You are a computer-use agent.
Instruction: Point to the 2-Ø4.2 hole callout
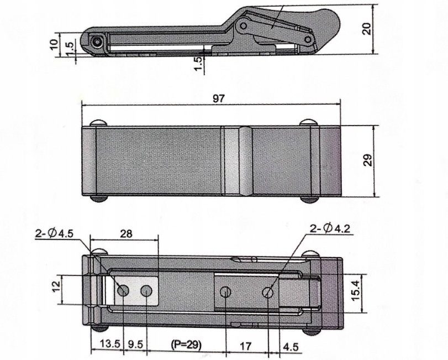[329, 228]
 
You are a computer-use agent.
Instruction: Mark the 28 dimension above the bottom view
[126, 234]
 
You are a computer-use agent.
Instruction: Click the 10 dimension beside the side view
[54, 44]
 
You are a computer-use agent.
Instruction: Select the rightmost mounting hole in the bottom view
[268, 291]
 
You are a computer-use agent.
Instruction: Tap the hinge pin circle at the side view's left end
[98, 42]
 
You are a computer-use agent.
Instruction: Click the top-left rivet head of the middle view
[99, 123]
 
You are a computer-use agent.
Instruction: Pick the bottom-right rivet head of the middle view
[308, 198]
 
